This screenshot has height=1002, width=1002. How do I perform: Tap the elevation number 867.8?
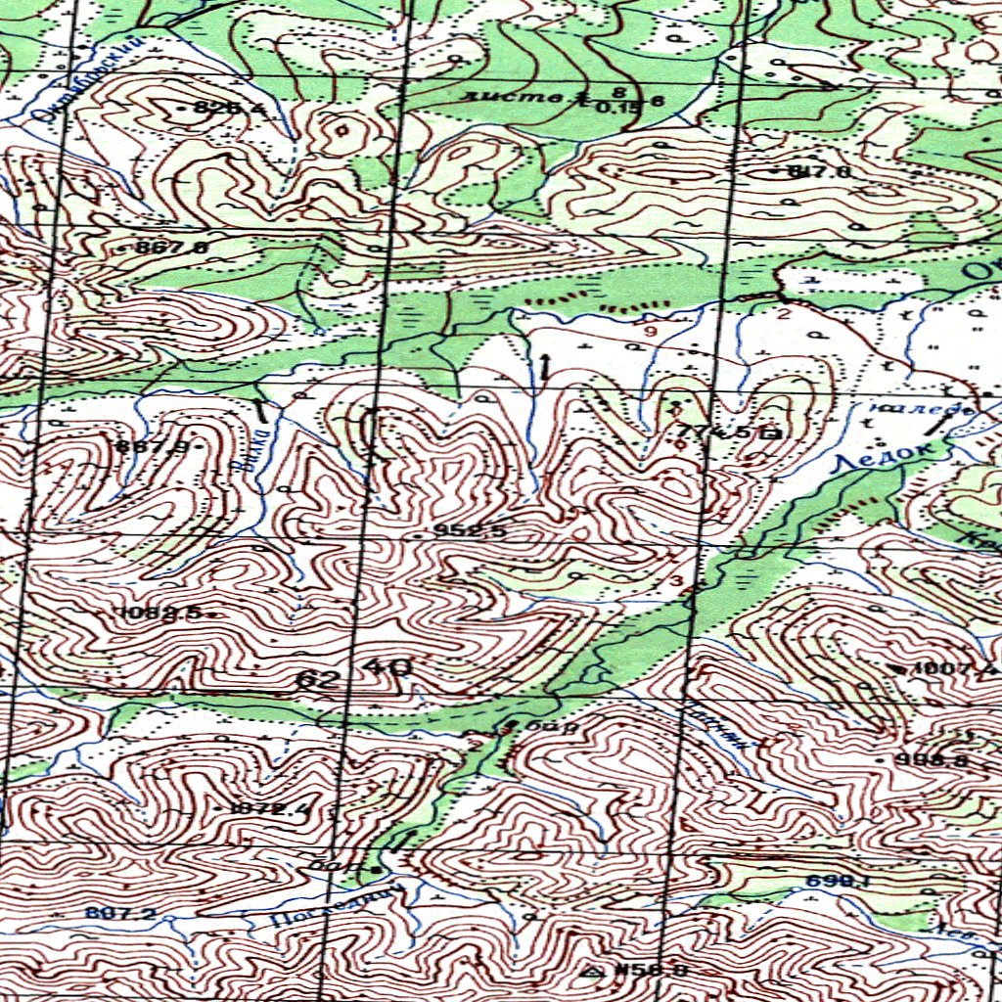point(171,248)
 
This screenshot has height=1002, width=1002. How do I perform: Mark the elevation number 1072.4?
point(271,808)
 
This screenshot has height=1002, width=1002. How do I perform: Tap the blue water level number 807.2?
point(119,913)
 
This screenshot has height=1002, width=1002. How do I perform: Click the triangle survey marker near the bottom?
point(591,972)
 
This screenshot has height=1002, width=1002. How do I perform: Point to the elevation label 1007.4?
point(954,669)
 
